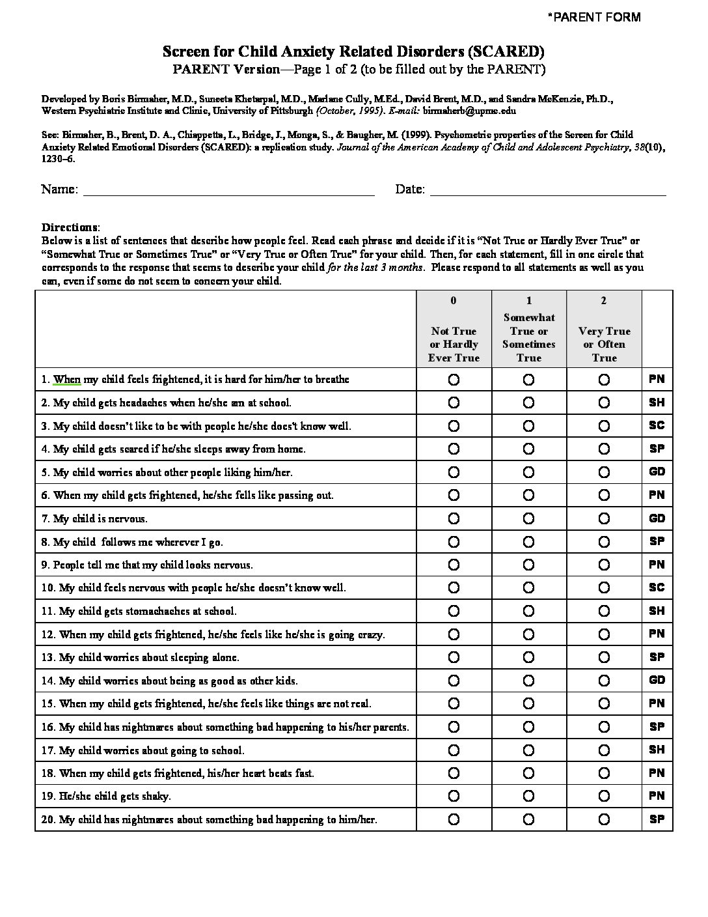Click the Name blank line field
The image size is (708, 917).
pyautogui.click(x=228, y=190)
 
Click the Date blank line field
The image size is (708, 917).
pyautogui.click(x=547, y=190)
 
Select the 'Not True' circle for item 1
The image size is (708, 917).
pyautogui.click(x=454, y=379)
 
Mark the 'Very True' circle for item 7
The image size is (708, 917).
pyautogui.click(x=604, y=518)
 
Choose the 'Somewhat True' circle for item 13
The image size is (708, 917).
pyautogui.click(x=528, y=657)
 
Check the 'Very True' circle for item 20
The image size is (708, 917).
pyautogui.click(x=604, y=819)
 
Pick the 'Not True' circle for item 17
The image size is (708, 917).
pyautogui.click(x=454, y=750)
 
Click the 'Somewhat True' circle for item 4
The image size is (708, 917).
pyautogui.click(x=528, y=449)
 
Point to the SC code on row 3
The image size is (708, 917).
pyautogui.click(x=657, y=425)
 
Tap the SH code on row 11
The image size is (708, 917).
pyautogui.click(x=657, y=611)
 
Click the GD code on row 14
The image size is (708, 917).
pyautogui.click(x=657, y=680)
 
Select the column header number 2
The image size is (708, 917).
pyautogui.click(x=604, y=300)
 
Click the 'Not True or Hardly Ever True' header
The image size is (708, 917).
pyautogui.click(x=454, y=344)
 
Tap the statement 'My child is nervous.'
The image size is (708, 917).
pyautogui.click(x=100, y=519)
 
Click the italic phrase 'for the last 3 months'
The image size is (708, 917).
pyautogui.click(x=377, y=267)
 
